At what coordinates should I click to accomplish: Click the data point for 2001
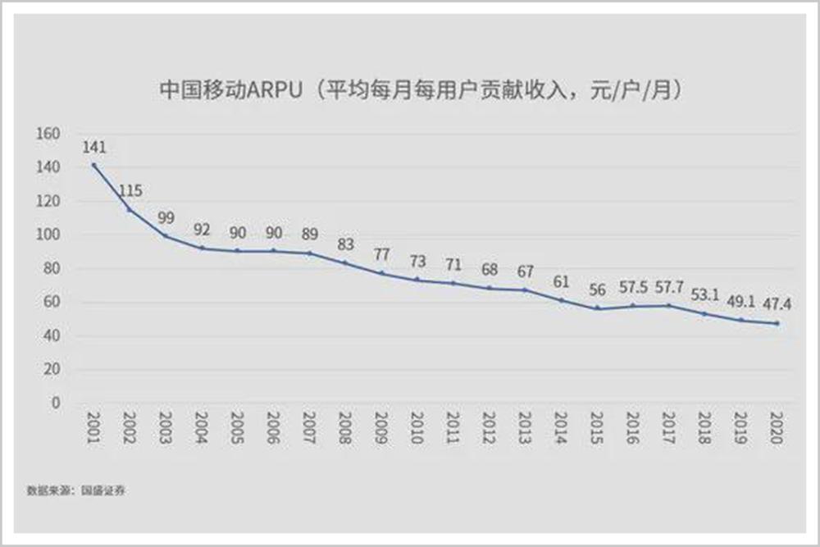(94, 165)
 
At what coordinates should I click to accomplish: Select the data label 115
(130, 191)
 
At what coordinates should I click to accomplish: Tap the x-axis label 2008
(345, 429)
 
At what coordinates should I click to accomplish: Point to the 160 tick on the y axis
(50, 134)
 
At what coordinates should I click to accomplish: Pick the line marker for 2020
(777, 323)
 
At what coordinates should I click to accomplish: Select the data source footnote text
(78, 490)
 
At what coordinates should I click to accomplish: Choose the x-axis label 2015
(596, 429)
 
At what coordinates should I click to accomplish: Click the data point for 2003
(166, 236)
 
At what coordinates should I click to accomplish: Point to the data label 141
(94, 148)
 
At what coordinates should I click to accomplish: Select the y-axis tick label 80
(53, 268)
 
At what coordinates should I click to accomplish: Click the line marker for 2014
(561, 300)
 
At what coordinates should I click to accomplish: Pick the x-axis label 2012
(489, 429)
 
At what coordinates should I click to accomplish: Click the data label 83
(344, 244)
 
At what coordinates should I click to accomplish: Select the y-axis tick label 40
(53, 335)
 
